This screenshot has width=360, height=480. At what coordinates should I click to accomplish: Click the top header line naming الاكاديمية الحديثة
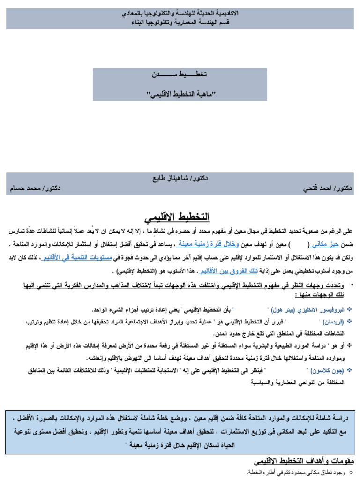180,14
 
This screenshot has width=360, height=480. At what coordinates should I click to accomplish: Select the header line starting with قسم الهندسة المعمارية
180,22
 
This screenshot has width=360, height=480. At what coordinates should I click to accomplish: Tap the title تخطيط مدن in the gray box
180,75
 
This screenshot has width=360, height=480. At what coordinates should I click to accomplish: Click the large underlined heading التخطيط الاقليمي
176,217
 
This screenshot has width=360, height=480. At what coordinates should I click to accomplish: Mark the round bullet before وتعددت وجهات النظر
352,285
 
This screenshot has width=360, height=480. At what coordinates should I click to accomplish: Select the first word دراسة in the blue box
341,418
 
